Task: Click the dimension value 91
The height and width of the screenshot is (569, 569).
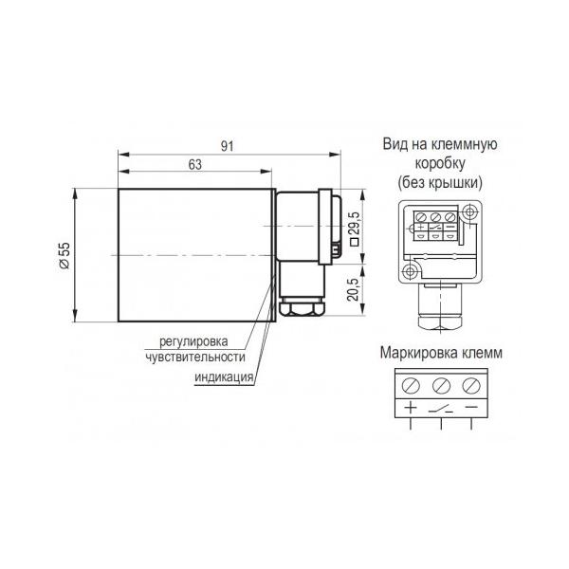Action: pyautogui.click(x=228, y=146)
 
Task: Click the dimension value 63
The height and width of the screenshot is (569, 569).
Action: pyautogui.click(x=194, y=164)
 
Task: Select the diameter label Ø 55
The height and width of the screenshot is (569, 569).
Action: pyautogui.click(x=64, y=255)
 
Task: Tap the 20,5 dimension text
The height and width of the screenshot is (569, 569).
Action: pyautogui.click(x=353, y=289)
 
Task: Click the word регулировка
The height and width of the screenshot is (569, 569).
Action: pyautogui.click(x=193, y=341)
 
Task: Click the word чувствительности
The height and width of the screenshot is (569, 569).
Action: pyautogui.click(x=195, y=357)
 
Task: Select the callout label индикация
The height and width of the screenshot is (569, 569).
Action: pyautogui.click(x=224, y=376)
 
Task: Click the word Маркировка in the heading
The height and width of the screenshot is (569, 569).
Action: pyautogui.click(x=412, y=353)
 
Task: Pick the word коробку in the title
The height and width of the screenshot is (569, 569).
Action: pyautogui.click(x=440, y=163)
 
